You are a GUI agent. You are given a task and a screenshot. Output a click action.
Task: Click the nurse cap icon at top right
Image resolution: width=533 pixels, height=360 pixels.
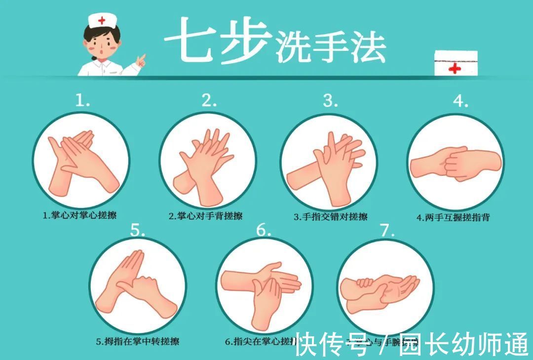pyautogui.click(x=456, y=63)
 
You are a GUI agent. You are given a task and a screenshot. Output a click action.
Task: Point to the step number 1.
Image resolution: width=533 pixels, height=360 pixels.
pyautogui.click(x=82, y=101)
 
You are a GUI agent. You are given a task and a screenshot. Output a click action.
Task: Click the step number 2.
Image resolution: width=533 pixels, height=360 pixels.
pyautogui.click(x=209, y=101)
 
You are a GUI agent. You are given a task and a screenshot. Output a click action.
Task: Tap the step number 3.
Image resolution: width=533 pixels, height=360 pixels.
pyautogui.click(x=330, y=101)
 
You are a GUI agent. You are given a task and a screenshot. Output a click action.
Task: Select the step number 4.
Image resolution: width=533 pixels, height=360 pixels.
pyautogui.click(x=460, y=101)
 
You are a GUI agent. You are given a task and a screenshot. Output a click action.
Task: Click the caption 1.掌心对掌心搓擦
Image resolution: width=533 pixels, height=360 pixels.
pyautogui.click(x=79, y=215)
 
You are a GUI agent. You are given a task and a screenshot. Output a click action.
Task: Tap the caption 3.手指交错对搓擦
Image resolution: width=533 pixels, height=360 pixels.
pyautogui.click(x=330, y=217)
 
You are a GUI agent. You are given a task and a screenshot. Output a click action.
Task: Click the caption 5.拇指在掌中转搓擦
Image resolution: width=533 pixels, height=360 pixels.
pyautogui.click(x=137, y=341)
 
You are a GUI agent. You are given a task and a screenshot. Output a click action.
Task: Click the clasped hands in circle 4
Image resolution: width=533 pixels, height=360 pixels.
pyautogui.click(x=455, y=163)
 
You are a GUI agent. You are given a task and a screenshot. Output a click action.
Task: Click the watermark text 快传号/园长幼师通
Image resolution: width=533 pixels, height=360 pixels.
pyautogui.click(x=412, y=344)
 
